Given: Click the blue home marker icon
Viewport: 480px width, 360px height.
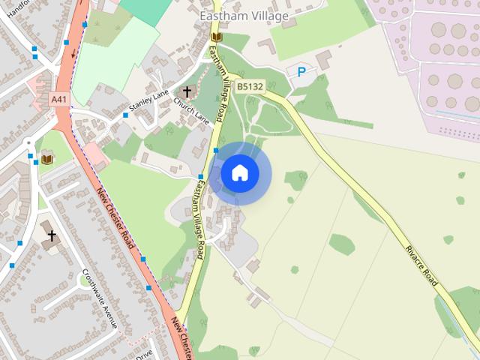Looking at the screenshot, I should click(x=240, y=173).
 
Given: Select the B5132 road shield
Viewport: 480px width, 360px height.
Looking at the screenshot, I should click(x=250, y=87).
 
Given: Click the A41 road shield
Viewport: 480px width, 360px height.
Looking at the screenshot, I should click(x=58, y=98).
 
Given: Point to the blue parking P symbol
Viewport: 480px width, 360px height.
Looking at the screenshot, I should click(x=301, y=72).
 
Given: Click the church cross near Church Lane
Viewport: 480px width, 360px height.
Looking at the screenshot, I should click(x=187, y=91).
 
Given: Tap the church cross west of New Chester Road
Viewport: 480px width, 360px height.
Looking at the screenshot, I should click(x=52, y=237).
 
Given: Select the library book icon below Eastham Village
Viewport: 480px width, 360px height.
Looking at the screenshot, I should click(x=217, y=37).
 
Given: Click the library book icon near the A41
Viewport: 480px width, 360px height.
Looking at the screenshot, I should click(x=46, y=159).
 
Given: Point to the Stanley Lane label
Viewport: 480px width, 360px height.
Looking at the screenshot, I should click(x=149, y=100).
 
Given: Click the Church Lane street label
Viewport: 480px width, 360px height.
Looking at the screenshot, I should click(x=191, y=109).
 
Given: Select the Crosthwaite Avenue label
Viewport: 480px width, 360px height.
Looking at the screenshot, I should click(x=100, y=298).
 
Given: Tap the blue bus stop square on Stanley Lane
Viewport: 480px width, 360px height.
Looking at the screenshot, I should click(x=125, y=115).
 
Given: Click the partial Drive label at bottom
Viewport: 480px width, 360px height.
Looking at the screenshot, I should click(x=143, y=352).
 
